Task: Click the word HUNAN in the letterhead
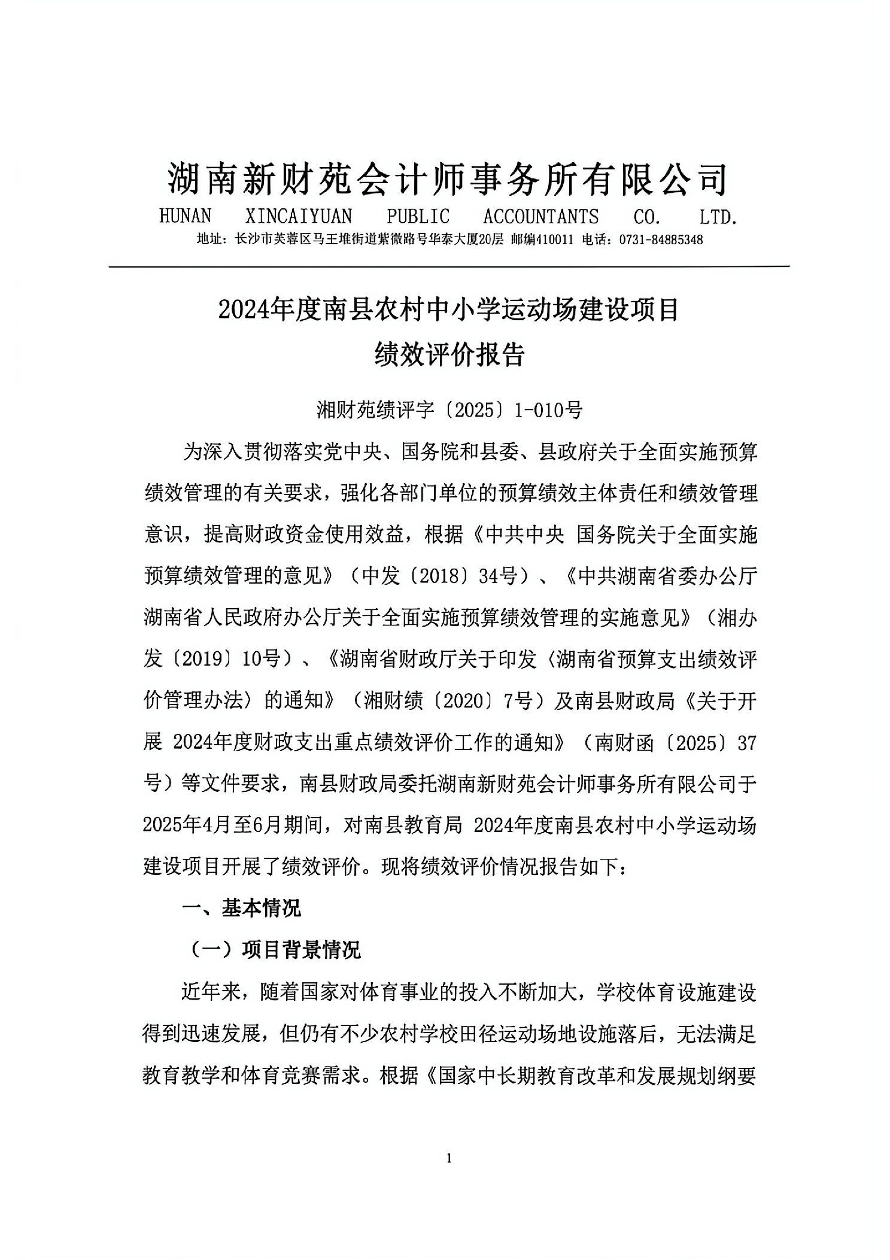click(186, 216)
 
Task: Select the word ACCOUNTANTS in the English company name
click(540, 216)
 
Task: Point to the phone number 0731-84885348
click(661, 240)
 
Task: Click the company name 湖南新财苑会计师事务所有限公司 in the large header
click(448, 178)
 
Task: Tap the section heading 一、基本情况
click(241, 908)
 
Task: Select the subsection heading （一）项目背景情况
click(275, 950)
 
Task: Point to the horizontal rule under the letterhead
click(449, 265)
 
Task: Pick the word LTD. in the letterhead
click(718, 216)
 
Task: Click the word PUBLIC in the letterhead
click(418, 216)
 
